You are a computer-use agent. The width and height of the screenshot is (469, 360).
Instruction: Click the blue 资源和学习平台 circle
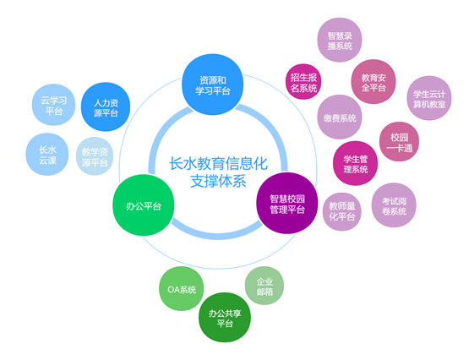(x=213, y=85)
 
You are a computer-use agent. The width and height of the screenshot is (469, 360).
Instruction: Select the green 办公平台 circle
(x=144, y=205)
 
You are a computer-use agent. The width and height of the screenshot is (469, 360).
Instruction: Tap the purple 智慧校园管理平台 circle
(x=287, y=203)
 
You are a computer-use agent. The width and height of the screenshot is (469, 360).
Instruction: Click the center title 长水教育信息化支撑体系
(x=218, y=172)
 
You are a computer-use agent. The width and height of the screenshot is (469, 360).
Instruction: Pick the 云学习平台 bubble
(x=53, y=105)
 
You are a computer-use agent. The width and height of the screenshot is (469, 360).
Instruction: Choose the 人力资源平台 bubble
(x=106, y=107)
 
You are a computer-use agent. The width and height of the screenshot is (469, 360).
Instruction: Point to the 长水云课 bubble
(x=47, y=155)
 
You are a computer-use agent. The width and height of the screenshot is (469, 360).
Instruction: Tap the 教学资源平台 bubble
(x=95, y=156)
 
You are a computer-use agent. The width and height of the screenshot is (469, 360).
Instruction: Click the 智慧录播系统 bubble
(x=340, y=40)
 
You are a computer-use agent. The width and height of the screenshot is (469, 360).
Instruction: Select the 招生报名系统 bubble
(x=303, y=82)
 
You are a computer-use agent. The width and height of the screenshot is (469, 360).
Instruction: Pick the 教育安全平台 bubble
(x=374, y=82)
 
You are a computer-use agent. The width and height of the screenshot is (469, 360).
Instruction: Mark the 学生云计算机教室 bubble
(x=429, y=98)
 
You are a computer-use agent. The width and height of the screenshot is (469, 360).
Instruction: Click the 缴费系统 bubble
(x=340, y=117)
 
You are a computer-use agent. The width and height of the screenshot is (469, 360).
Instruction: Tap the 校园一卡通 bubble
(x=399, y=142)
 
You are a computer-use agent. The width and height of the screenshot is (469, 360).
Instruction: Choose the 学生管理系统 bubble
(x=355, y=164)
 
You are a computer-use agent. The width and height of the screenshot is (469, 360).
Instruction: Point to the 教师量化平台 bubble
(x=342, y=212)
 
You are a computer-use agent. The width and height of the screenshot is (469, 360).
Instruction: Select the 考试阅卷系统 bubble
(x=394, y=205)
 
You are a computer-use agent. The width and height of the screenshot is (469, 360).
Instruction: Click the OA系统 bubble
(x=181, y=289)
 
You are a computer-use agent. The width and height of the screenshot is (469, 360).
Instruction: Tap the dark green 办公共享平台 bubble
(x=225, y=318)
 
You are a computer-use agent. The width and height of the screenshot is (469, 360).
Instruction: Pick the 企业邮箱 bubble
(x=264, y=286)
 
